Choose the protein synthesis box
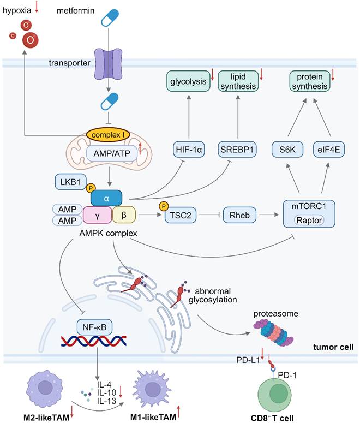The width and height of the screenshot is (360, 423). (x=311, y=82)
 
